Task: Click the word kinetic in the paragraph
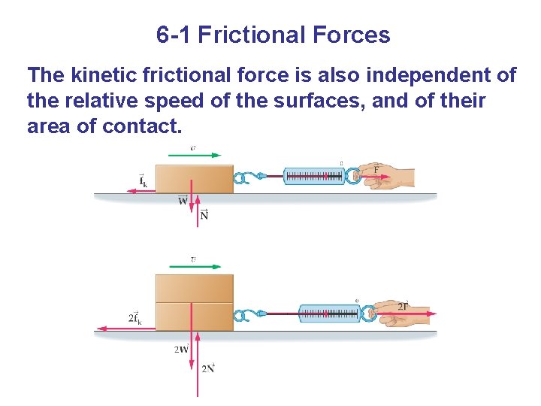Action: point(104,75)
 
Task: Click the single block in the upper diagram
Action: point(194,179)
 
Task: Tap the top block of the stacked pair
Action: point(194,288)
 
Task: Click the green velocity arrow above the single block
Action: point(195,156)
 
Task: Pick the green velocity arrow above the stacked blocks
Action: point(195,265)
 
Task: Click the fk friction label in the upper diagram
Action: point(142,181)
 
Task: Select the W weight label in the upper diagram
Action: point(183,201)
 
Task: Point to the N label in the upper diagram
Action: point(204,215)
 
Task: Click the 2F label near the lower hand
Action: point(403,306)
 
